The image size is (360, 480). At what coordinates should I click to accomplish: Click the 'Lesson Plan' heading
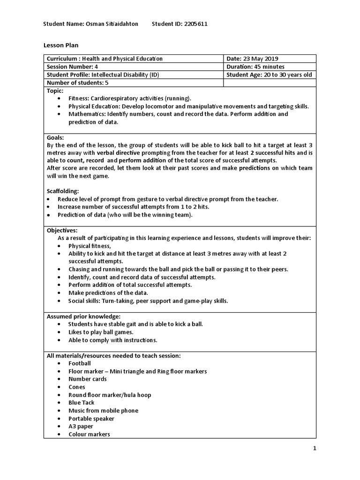click(x=61, y=45)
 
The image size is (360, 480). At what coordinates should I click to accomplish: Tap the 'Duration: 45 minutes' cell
click(x=255, y=67)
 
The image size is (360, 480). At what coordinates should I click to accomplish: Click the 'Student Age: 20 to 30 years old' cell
click(x=269, y=75)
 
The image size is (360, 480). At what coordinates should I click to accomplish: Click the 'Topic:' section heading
click(x=55, y=90)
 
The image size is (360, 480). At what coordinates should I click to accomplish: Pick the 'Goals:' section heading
click(x=55, y=138)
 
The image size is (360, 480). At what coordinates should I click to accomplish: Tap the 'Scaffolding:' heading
click(x=63, y=191)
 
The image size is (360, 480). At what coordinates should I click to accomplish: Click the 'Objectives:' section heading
click(x=62, y=230)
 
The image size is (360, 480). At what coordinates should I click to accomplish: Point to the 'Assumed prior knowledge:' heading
click(x=83, y=316)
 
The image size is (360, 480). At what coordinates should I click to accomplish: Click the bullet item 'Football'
click(x=80, y=363)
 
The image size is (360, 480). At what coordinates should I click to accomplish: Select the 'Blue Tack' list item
click(x=82, y=403)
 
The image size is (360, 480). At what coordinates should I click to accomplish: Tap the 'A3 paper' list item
click(x=81, y=427)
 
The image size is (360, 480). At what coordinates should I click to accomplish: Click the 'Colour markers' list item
click(x=89, y=435)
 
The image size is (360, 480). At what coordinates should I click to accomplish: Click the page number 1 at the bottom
click(x=315, y=449)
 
